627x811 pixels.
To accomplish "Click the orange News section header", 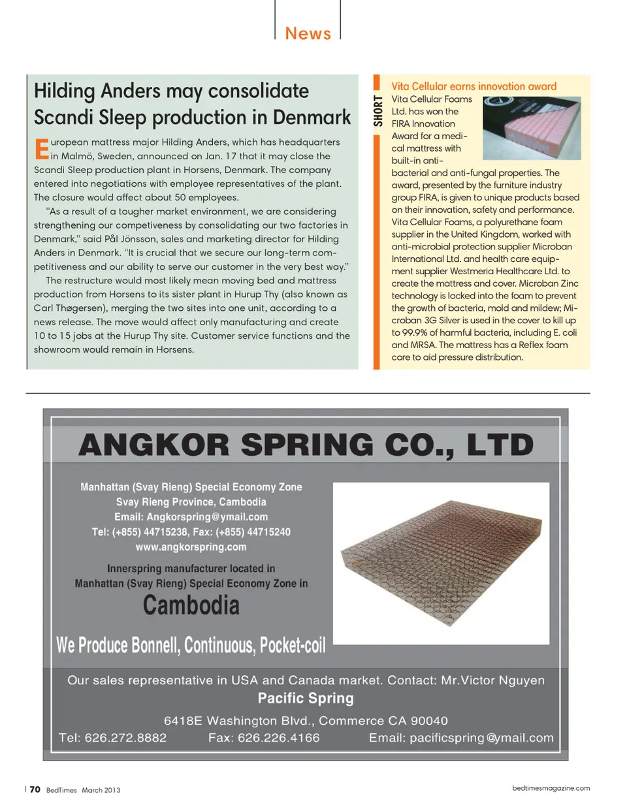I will (x=308, y=33).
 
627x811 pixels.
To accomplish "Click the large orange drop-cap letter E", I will (x=41, y=149).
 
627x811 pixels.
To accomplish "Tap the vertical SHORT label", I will (x=378, y=110).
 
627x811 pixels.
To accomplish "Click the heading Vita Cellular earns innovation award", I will (x=474, y=86).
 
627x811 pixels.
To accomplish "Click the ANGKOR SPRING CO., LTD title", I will (x=306, y=445).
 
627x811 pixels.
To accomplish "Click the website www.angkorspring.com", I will (x=191, y=547).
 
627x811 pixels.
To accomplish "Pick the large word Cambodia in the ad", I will (x=191, y=605).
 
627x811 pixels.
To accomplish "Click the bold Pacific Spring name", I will (x=306, y=698).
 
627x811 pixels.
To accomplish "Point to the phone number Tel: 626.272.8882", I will (x=112, y=738).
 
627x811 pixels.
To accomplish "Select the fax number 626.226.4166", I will (x=278, y=738).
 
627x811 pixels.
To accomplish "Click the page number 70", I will (x=35, y=789).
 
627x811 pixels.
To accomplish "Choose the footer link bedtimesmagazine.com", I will (x=551, y=788).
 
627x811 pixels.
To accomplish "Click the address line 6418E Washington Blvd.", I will (x=306, y=721).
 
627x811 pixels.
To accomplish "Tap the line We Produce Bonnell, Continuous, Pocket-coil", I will (x=191, y=645).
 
